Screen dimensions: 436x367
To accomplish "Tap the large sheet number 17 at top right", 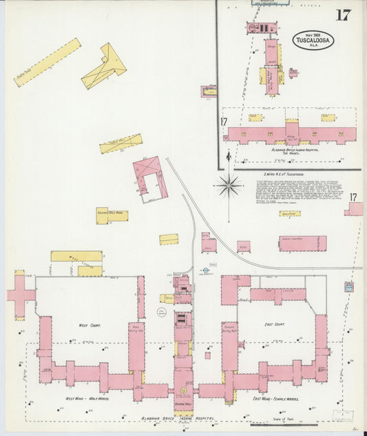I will tap(342, 15).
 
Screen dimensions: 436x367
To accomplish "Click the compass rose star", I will tap(228, 184).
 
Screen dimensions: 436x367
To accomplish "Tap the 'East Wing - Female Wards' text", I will tap(280, 399).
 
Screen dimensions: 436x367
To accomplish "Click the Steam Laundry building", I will tap(302, 244).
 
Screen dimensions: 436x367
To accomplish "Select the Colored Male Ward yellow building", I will tap(112, 215).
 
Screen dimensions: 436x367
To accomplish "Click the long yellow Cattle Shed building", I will tap(47, 62).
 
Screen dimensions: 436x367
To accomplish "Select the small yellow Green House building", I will tap(290, 214).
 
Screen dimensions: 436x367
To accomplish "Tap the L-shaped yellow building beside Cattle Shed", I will tap(105, 66).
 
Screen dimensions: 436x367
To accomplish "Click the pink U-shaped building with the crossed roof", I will tap(149, 179).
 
